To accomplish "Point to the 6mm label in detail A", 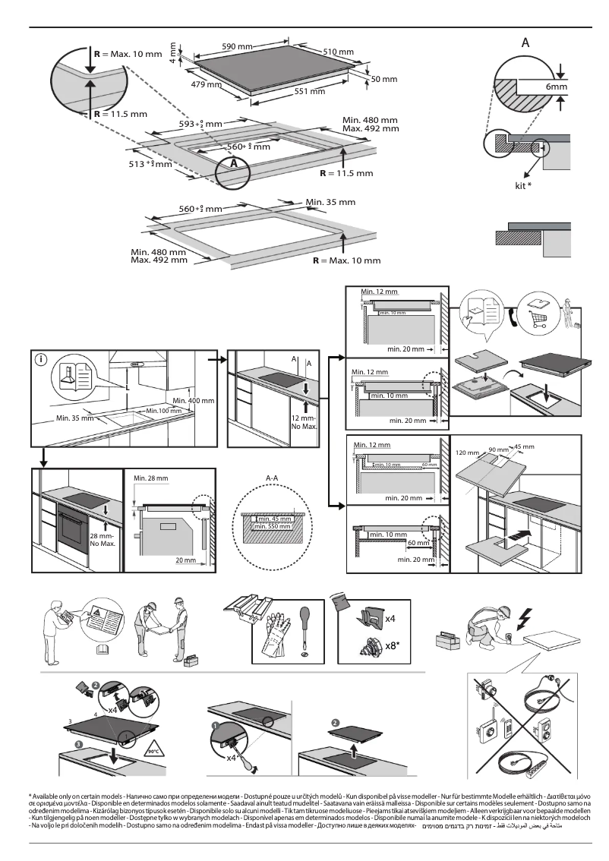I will [x=557, y=88].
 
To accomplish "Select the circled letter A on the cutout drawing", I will [x=235, y=162].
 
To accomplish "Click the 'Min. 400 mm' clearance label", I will [x=194, y=400].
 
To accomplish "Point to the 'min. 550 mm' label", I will [x=273, y=526].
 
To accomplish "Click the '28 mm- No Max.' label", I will [x=102, y=540].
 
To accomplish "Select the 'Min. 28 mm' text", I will [x=150, y=478].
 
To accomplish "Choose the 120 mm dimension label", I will [x=465, y=453].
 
